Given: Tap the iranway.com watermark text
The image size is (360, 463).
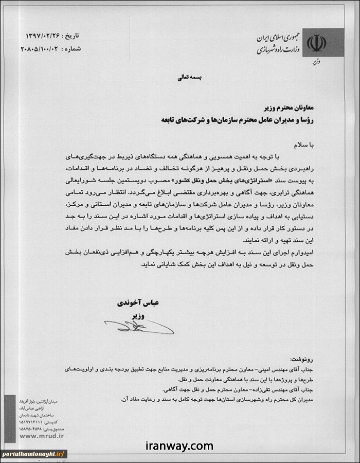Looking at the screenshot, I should click(x=179, y=446).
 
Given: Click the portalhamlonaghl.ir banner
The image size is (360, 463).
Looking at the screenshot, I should click(x=33, y=454).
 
